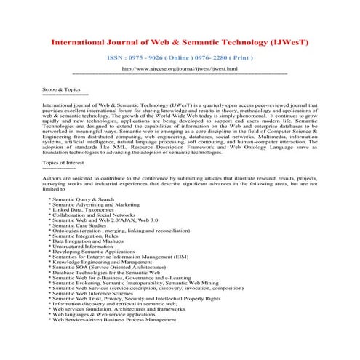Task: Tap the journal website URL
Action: (179, 68)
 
